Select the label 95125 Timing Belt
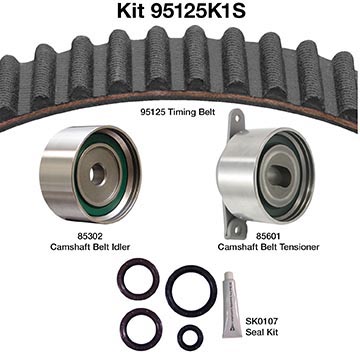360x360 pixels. coord(177,112)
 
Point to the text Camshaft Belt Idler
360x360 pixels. coord(90,247)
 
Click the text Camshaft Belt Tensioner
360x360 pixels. coord(268,247)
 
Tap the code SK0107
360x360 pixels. coord(262,322)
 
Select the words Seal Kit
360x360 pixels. coord(262,332)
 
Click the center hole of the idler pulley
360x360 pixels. coord(98,175)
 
